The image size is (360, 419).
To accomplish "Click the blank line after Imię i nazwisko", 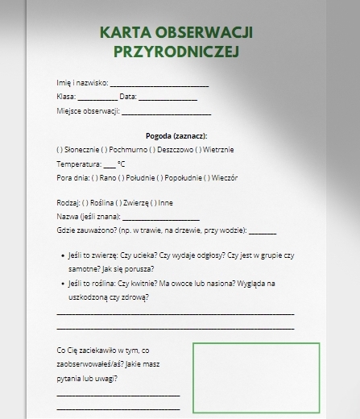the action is (x=159, y=84).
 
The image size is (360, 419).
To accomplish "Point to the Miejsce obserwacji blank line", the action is (x=166, y=111).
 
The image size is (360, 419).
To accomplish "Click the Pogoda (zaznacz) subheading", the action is (x=176, y=136).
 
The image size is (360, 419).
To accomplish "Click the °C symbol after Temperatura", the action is (x=122, y=164).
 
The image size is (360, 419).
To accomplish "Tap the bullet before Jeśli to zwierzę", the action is (x=63, y=255).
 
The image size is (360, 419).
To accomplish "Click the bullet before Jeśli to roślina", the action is (x=63, y=284).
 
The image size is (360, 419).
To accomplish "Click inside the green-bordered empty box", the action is (x=255, y=376).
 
